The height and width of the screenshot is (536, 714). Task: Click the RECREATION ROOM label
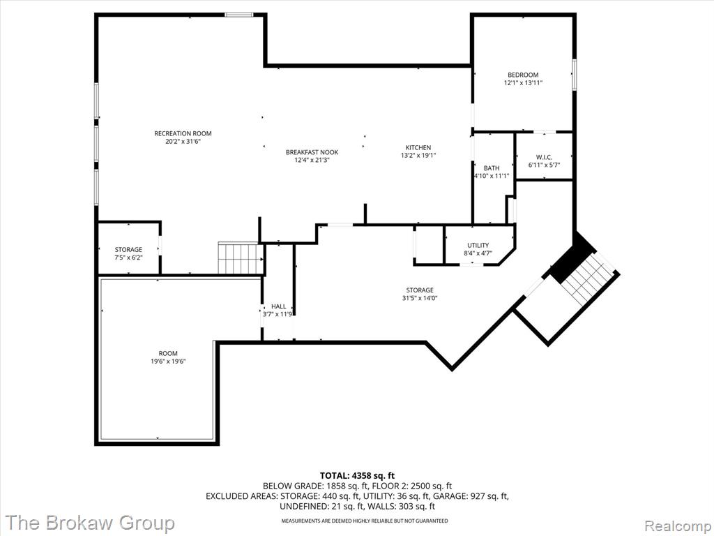tap(183, 133)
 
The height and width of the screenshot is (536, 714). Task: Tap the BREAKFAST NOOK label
tap(312, 152)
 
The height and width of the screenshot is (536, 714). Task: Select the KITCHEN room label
tap(418, 148)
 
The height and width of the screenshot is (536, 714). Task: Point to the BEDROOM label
tap(523, 75)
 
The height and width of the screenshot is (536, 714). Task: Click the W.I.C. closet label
tap(544, 157)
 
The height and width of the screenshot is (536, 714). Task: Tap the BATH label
tap(492, 168)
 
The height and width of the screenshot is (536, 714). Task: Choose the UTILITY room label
tap(478, 245)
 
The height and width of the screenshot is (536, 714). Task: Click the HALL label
tap(279, 306)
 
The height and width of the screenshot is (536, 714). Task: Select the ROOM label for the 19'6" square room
tap(168, 353)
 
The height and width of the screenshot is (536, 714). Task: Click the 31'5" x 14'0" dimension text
tap(419, 298)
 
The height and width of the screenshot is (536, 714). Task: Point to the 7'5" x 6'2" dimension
tap(128, 258)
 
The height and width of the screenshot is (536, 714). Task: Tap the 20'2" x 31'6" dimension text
tap(183, 141)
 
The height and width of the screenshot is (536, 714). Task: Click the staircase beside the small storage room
tap(241, 258)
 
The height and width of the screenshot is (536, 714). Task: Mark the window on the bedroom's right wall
tap(575, 74)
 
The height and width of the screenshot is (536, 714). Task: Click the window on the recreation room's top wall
tap(239, 15)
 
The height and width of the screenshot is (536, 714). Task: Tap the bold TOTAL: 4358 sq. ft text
tap(357, 476)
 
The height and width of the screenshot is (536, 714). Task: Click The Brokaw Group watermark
tap(90, 522)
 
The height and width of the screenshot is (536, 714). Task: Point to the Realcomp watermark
tap(676, 526)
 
